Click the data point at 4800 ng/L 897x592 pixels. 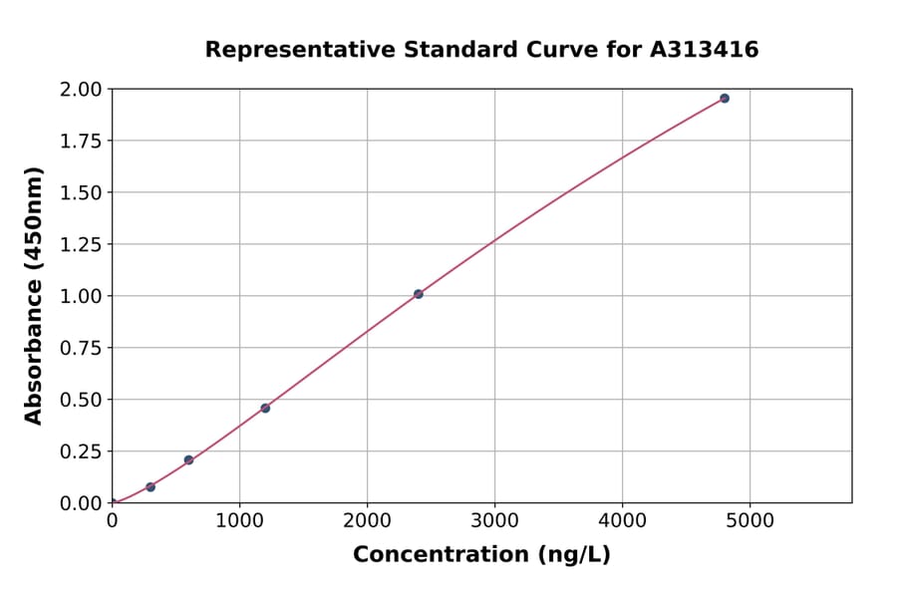tap(725, 98)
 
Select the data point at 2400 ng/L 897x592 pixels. tap(419, 294)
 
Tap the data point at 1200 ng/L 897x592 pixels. tap(265, 408)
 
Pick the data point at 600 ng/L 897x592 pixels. tap(188, 459)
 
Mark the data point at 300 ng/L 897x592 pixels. tap(150, 486)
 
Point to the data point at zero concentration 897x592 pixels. tap(113, 502)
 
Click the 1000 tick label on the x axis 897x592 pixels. tap(239, 520)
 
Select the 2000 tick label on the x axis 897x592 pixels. tap(367, 520)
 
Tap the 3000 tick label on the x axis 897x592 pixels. tap(494, 520)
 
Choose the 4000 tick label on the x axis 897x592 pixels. tap(622, 520)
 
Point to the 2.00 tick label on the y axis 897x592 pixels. tap(81, 90)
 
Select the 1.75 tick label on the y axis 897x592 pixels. tap(81, 141)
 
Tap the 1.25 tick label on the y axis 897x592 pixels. tap(81, 244)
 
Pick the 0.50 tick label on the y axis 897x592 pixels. tap(81, 400)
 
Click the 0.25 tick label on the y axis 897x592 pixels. tap(81, 451)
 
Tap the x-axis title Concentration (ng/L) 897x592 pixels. tap(481, 554)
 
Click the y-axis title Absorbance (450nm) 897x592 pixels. tap(34, 296)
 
